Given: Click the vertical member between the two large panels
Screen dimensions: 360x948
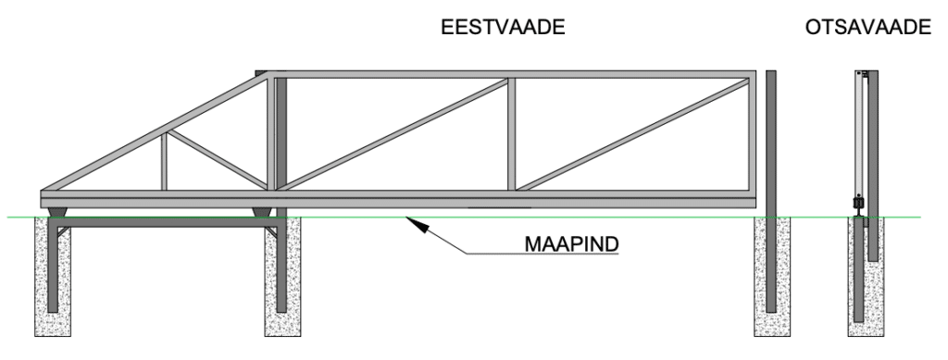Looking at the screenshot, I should tap(511, 135).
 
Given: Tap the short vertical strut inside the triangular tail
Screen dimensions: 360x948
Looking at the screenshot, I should tap(165, 162).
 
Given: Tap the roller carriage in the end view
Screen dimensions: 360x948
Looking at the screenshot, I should tap(858, 203).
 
